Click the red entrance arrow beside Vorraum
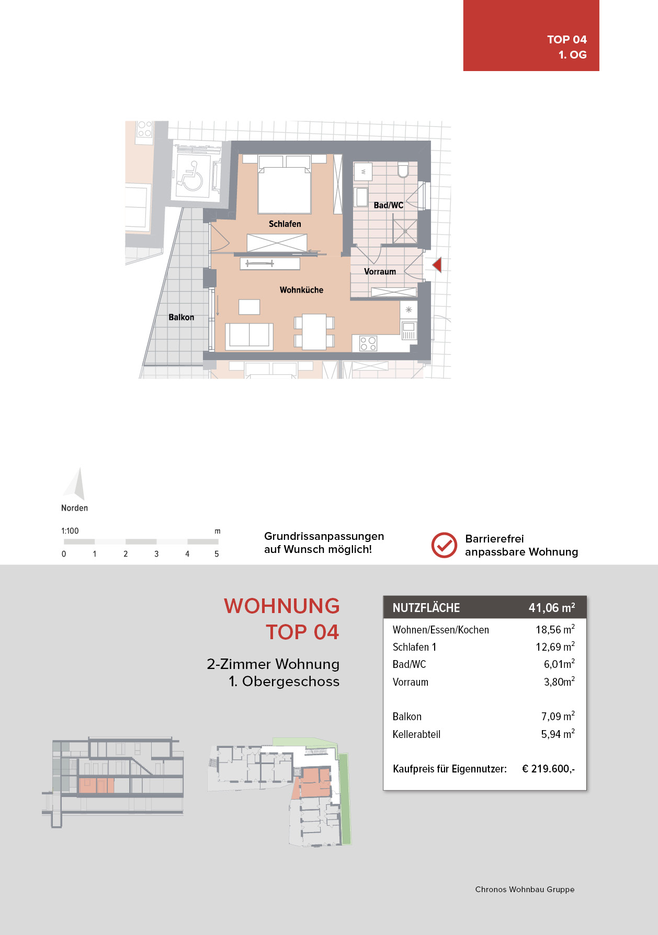pos(437,265)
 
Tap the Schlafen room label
pos(285,224)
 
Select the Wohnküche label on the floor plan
pos(301,290)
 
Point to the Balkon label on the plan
pos(181,317)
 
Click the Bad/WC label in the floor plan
pos(388,205)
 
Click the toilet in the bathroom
pos(403,170)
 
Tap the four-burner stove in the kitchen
pos(368,343)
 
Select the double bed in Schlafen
pos(285,184)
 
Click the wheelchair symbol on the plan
pos(190,176)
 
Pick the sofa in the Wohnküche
pos(249,336)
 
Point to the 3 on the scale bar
pos(156,554)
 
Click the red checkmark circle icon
pos(444,545)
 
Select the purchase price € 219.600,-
pos(548,769)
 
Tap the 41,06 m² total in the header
pos(552,607)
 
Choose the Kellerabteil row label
pos(416,734)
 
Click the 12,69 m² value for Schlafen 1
pos(555,647)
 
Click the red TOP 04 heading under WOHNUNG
pos(302,632)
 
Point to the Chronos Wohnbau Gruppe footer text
pos(525,889)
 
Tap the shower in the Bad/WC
pos(405,232)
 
